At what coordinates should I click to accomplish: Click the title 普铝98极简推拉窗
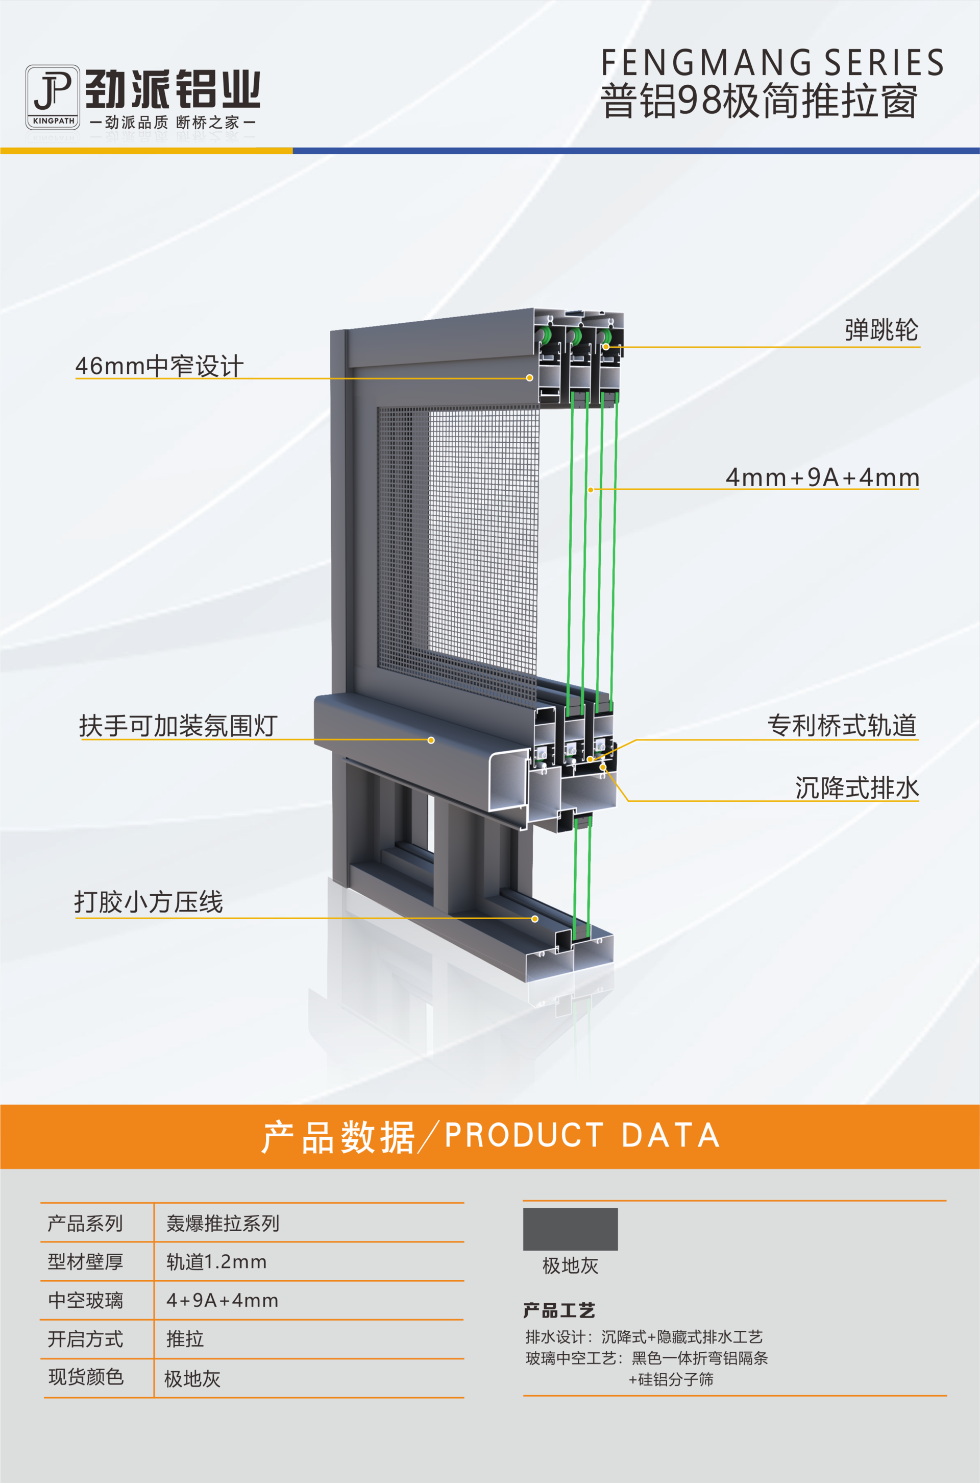[x=759, y=101]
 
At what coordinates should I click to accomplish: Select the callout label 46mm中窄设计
[x=159, y=366]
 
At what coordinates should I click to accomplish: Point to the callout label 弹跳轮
[x=881, y=330]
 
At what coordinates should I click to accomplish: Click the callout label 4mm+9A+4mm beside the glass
[x=822, y=477]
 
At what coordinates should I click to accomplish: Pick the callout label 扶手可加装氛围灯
[x=178, y=726]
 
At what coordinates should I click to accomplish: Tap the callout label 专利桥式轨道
[x=842, y=725]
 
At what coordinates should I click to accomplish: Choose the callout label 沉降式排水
[x=856, y=787]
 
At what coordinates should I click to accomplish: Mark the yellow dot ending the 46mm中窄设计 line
[x=529, y=377]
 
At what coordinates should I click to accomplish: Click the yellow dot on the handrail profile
[x=431, y=740]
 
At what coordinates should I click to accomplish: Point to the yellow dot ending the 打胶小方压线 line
[x=535, y=918]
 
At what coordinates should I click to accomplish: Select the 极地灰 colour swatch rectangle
[x=570, y=1229]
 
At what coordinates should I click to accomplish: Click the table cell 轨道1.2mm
[x=216, y=1262]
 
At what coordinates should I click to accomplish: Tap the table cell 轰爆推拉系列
[x=223, y=1223]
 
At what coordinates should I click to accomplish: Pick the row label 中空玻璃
[x=86, y=1301]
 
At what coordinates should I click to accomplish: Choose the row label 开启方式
[x=86, y=1338]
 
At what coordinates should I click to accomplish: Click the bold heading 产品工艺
[x=559, y=1310]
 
